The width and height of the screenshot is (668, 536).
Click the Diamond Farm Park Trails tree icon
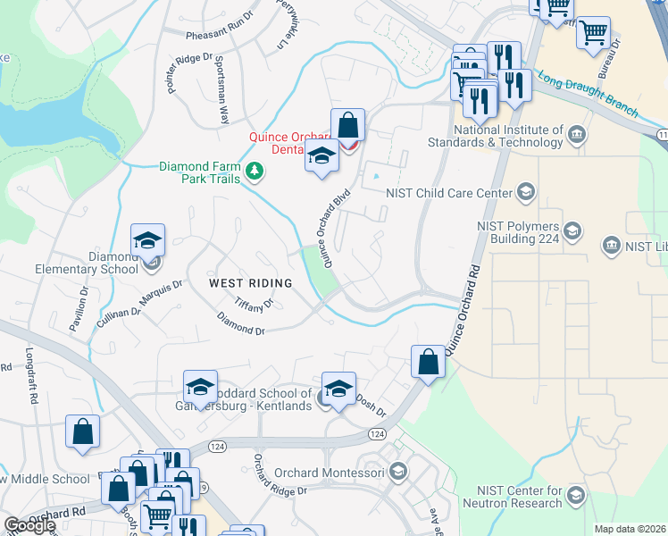tap(255, 171)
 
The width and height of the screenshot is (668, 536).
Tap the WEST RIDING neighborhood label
tap(250, 283)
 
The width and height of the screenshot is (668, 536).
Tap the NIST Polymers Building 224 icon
tap(572, 231)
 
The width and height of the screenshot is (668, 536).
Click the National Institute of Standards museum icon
tap(576, 136)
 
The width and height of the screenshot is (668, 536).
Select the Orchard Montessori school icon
tap(397, 472)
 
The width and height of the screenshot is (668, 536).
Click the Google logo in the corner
tap(29, 525)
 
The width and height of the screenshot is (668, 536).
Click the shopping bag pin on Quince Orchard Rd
tap(428, 362)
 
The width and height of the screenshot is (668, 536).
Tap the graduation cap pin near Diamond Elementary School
tap(147, 240)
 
